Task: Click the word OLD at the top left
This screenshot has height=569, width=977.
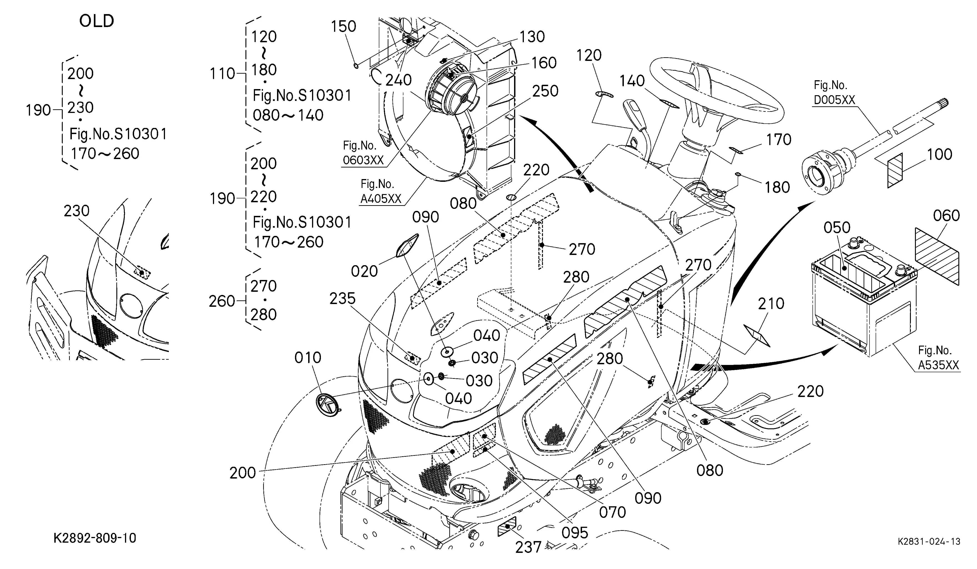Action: tap(97, 21)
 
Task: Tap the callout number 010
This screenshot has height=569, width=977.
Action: tap(308, 357)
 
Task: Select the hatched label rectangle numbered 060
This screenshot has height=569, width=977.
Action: tap(937, 256)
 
